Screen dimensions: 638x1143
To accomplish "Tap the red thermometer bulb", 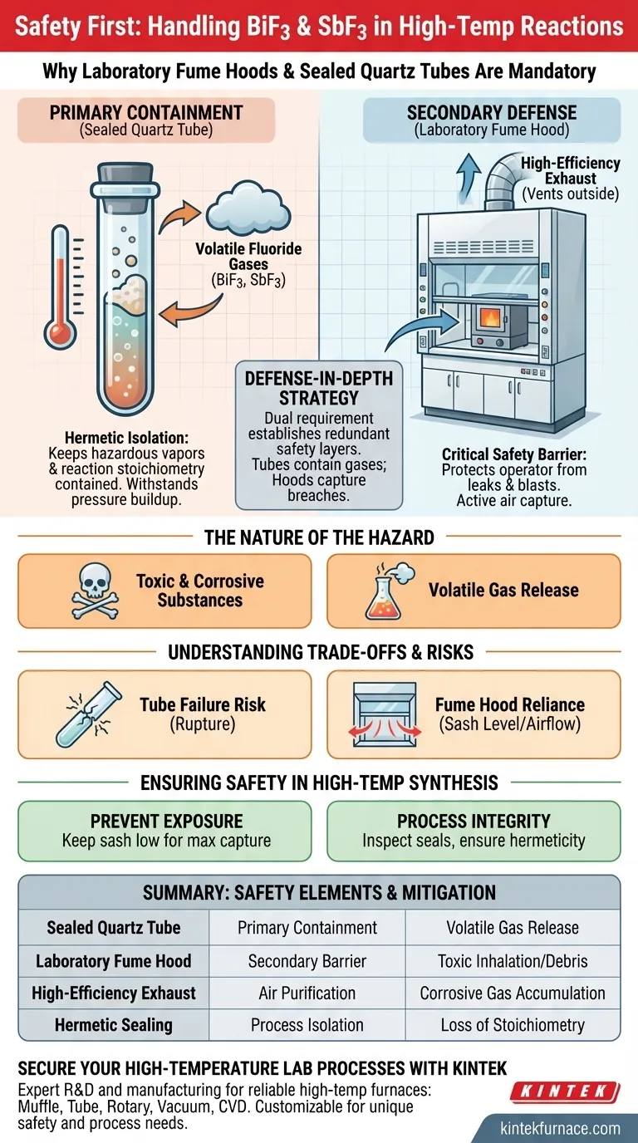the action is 60,334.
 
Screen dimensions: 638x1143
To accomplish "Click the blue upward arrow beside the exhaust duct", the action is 469,177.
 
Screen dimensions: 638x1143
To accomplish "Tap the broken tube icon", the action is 89,714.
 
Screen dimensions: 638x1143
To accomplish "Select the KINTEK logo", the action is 565,1091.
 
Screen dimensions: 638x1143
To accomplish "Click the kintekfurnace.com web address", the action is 561,1128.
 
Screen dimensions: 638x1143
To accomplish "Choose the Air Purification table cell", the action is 307,993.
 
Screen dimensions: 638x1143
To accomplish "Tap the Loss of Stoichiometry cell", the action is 513,1024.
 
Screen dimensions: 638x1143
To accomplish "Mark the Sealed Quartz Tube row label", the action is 114,928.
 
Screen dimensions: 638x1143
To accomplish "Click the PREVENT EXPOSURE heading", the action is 166,821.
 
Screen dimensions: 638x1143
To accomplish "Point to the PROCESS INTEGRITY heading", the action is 474,821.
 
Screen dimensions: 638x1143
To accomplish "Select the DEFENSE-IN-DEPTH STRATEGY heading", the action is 319,388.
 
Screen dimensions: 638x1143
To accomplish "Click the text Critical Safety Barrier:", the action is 514,454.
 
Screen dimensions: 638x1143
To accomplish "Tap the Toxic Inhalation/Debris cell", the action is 513,961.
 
